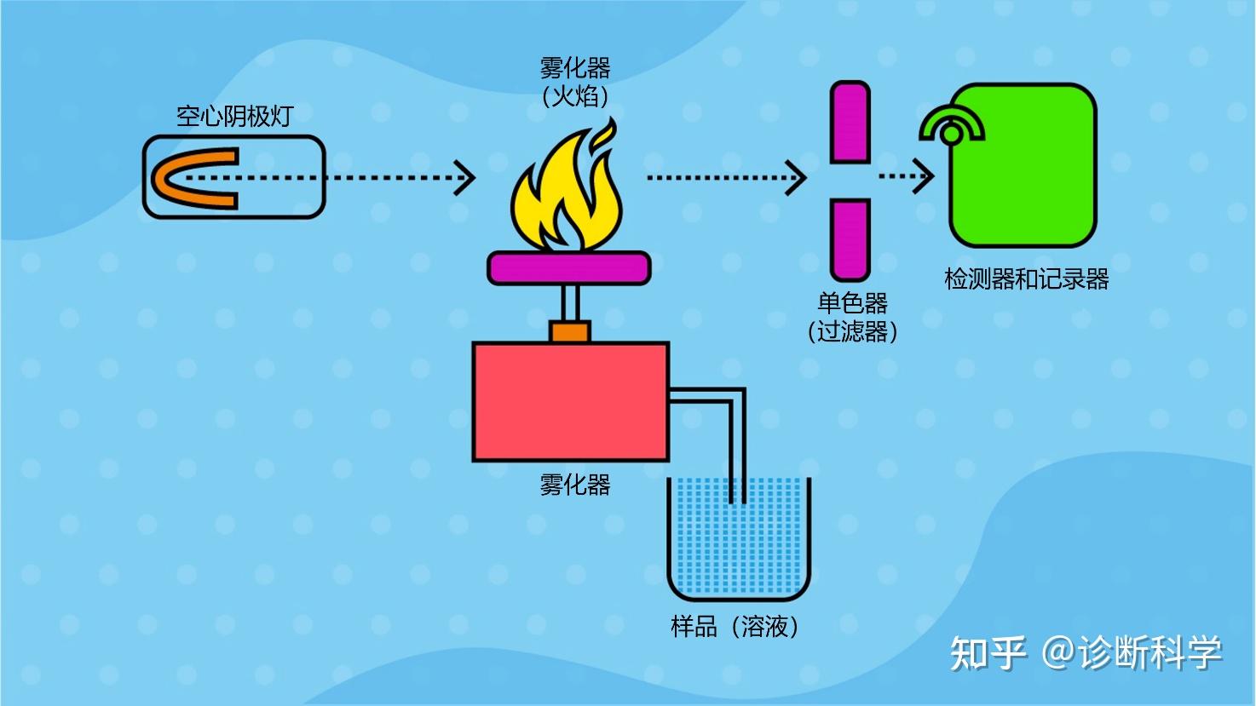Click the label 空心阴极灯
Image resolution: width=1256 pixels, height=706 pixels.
coord(234,117)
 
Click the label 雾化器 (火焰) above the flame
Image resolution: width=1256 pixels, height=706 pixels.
coord(574,82)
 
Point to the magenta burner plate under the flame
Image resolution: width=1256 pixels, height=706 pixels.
coord(569,267)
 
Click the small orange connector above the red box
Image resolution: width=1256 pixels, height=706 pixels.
coord(570,331)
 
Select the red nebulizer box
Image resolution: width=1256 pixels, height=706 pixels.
coord(571,401)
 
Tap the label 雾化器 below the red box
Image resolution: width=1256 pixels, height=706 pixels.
coord(574,484)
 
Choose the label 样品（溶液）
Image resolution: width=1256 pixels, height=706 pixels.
coord(735,627)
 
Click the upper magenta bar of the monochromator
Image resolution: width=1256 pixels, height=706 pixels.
coord(850,122)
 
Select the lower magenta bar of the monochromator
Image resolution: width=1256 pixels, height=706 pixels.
coord(850,240)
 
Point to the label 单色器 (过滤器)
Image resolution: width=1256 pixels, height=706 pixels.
coord(852,317)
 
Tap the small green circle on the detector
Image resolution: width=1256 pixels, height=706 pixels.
coord(951,135)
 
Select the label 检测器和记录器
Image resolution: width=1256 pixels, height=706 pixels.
coord(1026,279)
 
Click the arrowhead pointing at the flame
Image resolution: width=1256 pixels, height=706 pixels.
coord(465,178)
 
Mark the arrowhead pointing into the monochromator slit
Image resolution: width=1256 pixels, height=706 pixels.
coord(796,178)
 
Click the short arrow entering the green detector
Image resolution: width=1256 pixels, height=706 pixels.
coord(906,176)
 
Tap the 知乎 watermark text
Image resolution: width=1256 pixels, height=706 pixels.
coord(988,652)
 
